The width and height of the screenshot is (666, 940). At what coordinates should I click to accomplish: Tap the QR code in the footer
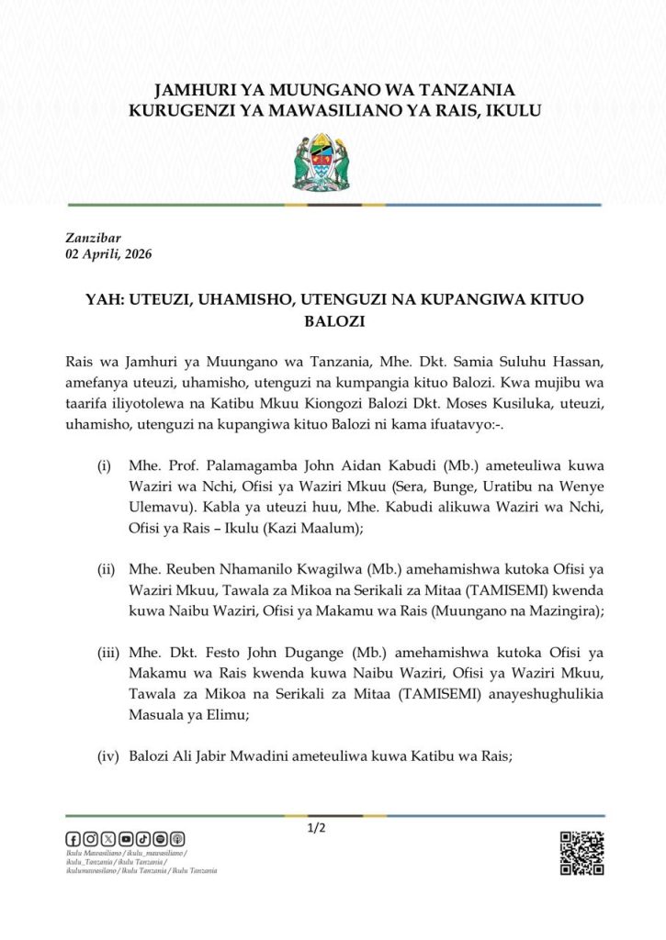(581, 853)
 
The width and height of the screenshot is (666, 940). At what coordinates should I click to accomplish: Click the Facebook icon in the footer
(73, 838)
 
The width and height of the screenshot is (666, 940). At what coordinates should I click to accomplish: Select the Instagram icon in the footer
(91, 838)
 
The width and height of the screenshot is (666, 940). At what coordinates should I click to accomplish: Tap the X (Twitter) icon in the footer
(108, 838)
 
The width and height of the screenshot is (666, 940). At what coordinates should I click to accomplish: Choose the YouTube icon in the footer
(126, 838)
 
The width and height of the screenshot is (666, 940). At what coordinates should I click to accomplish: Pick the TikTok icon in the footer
(143, 838)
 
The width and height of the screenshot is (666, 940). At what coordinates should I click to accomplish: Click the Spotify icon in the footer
(161, 838)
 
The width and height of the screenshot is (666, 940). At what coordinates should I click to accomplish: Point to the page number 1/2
(317, 829)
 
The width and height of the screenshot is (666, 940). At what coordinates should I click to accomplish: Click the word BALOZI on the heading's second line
(333, 322)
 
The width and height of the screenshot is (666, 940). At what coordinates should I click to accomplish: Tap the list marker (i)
(105, 467)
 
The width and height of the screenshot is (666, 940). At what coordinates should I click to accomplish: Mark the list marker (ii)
(105, 570)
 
